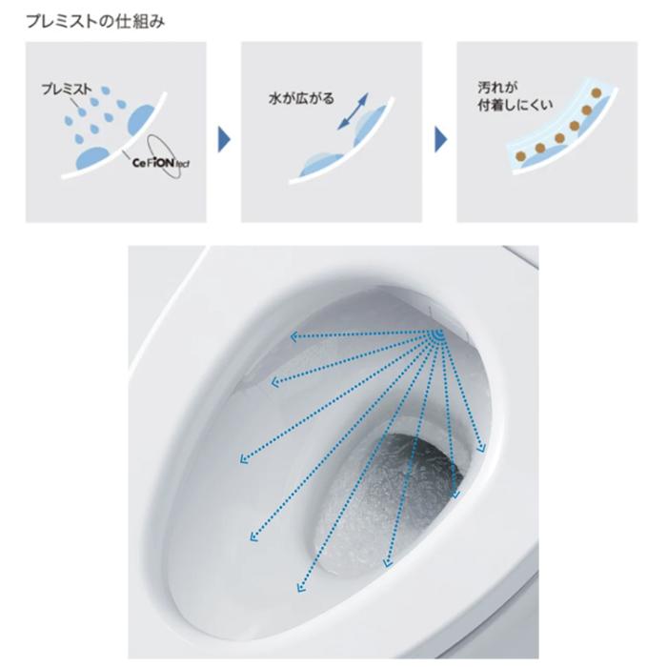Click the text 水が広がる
(302, 98)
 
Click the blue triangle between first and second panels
(224, 141)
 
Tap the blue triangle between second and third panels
(440, 141)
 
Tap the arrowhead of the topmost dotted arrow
(293, 334)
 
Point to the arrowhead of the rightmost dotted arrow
(484, 448)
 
